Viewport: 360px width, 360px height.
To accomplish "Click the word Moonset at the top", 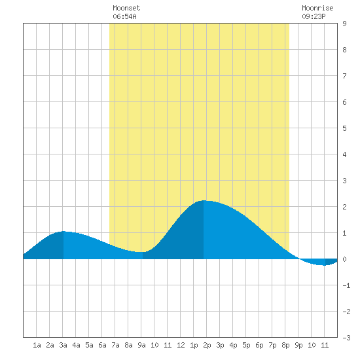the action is [x=126, y=8].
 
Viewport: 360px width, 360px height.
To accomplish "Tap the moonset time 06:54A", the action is [x=124, y=16].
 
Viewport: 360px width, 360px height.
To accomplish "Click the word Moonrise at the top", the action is [x=317, y=8].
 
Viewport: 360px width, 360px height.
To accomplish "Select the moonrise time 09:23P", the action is [x=314, y=16].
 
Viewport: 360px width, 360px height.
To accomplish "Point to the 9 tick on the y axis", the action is [x=344, y=24].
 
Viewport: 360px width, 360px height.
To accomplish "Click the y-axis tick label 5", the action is [x=344, y=128].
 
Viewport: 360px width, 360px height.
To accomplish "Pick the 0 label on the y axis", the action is [x=344, y=259].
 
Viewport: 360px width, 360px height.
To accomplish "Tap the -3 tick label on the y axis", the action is [x=346, y=338].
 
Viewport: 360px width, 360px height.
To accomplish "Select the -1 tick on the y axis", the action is [x=346, y=285].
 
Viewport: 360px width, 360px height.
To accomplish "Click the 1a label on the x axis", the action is [x=37, y=345].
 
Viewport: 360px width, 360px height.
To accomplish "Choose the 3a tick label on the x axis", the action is [x=63, y=345].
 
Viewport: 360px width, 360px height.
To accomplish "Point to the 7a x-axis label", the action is [x=115, y=345].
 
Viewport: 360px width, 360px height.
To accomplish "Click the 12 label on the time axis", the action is [x=181, y=345].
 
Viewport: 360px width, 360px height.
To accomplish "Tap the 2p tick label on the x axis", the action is [x=207, y=345].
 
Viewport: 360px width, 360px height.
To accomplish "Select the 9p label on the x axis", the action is [x=298, y=345].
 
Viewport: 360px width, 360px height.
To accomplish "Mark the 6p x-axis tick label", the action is [x=259, y=345].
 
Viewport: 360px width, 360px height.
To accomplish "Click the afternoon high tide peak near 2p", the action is [x=204, y=200].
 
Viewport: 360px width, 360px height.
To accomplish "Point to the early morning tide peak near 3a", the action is [x=63, y=231].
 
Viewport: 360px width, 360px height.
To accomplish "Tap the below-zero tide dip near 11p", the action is [x=324, y=265].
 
